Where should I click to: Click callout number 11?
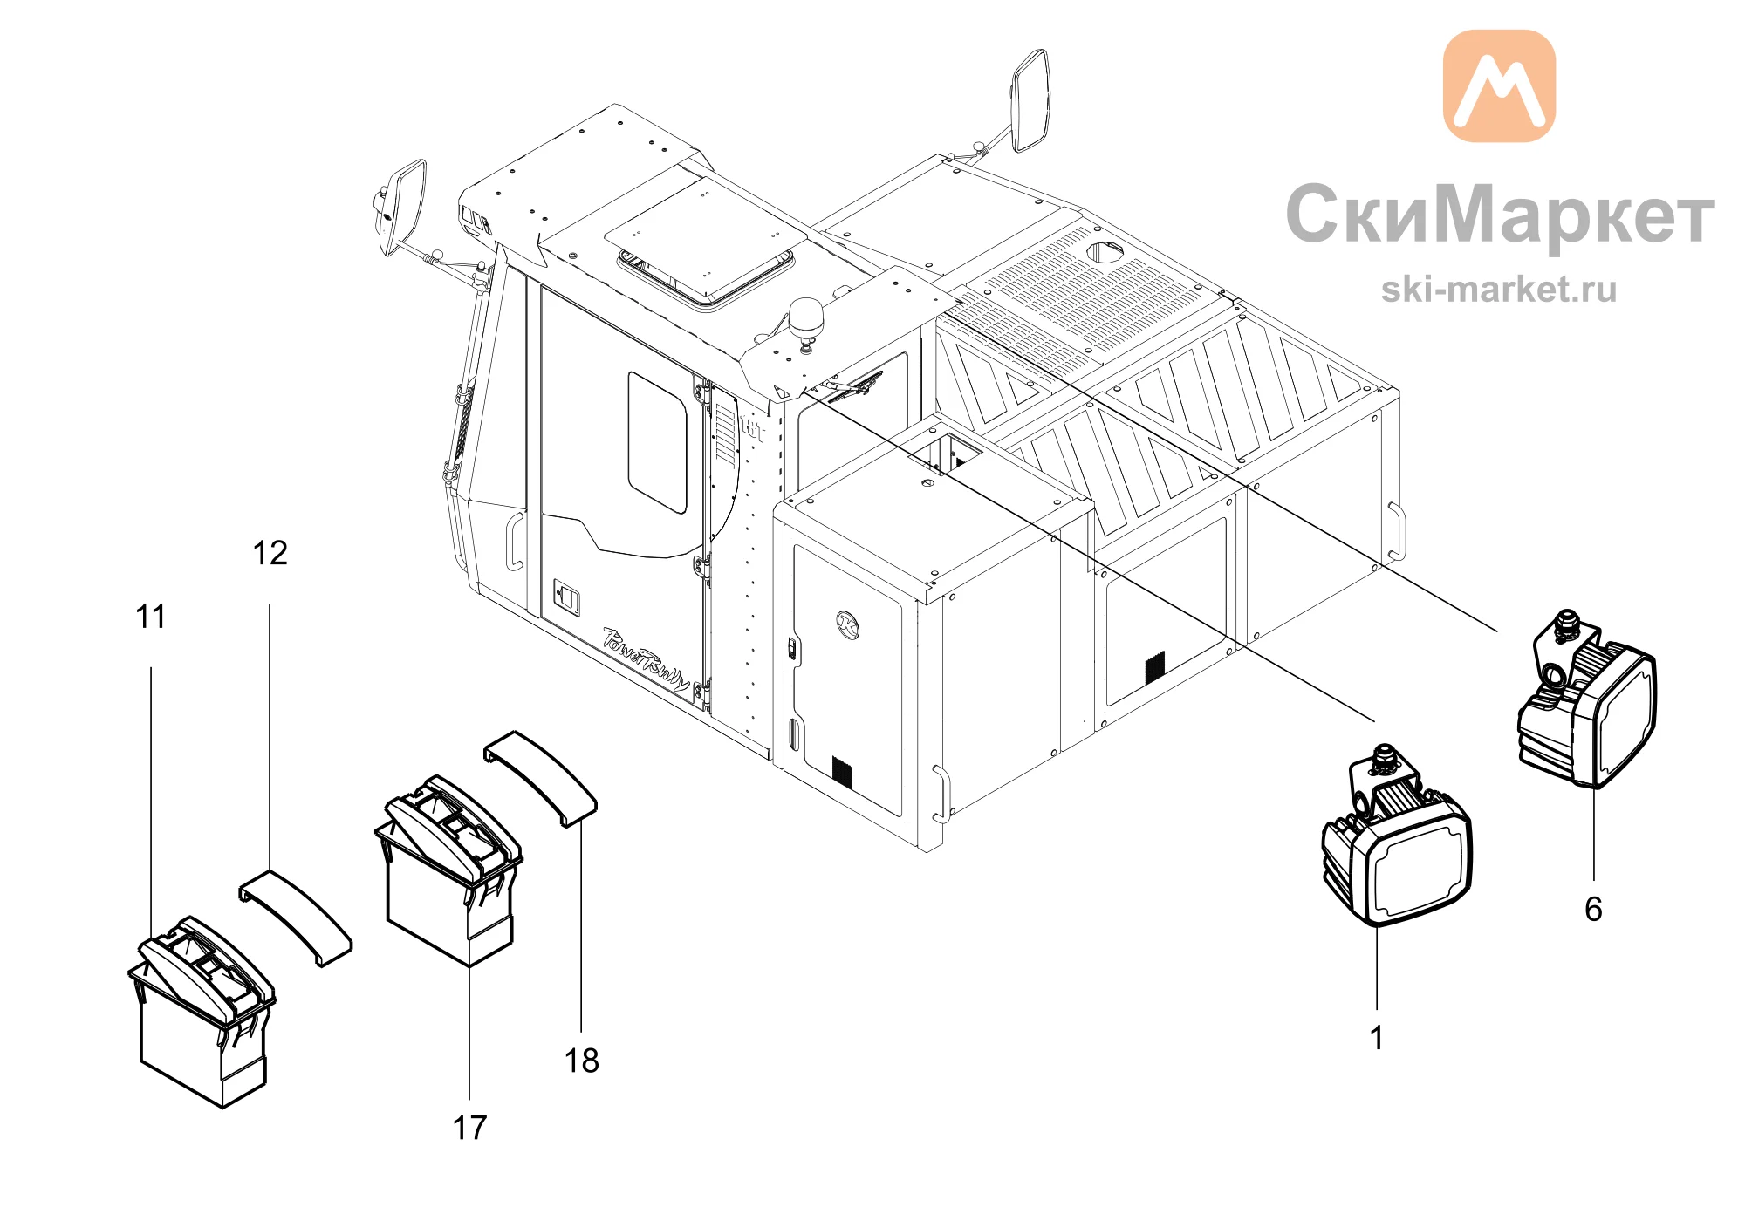pyautogui.click(x=150, y=617)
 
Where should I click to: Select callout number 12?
pyautogui.click(x=270, y=553)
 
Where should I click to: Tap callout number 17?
pyautogui.click(x=469, y=1128)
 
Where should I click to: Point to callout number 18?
pyautogui.click(x=581, y=1061)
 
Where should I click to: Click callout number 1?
pyautogui.click(x=1376, y=1038)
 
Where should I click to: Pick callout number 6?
pyautogui.click(x=1593, y=909)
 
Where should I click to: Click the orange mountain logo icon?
pyautogui.click(x=1499, y=85)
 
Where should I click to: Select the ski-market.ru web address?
pyautogui.click(x=1499, y=290)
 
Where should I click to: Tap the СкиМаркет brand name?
pyautogui.click(x=1500, y=215)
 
